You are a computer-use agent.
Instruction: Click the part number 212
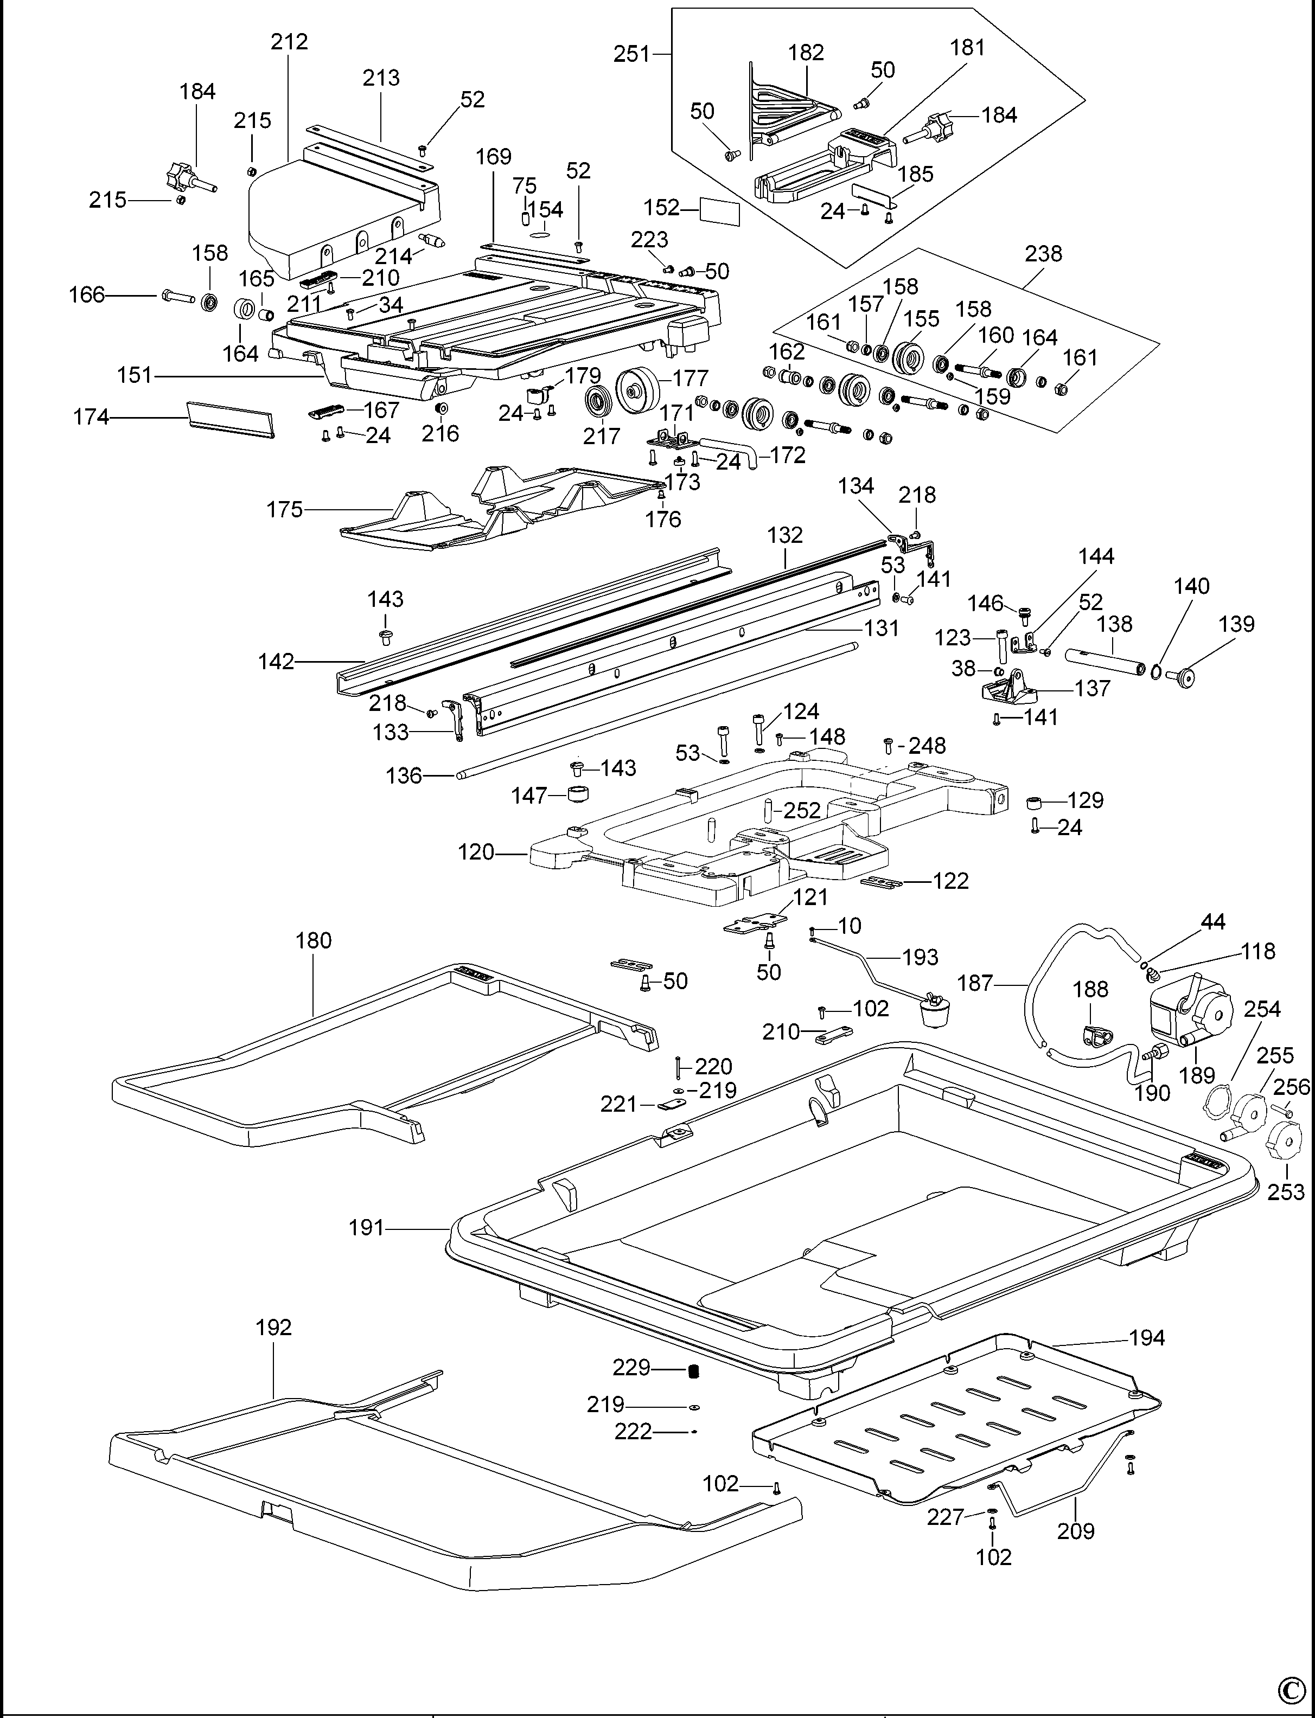[x=289, y=41]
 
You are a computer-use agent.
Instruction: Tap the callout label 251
[x=631, y=54]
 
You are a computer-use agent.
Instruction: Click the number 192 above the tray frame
[x=273, y=1327]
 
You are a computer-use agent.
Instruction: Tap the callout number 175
[x=284, y=510]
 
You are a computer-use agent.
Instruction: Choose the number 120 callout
[x=476, y=852]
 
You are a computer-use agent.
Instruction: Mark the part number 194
[x=1147, y=1338]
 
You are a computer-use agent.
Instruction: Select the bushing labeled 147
[x=578, y=795]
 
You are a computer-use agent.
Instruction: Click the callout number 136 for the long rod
[x=404, y=775]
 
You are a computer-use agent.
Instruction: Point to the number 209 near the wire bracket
[x=1075, y=1530]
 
